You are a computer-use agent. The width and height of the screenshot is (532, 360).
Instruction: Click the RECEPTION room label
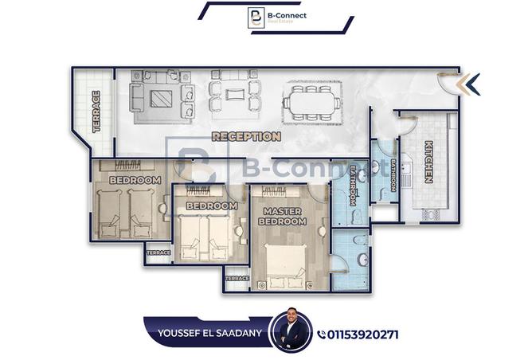point(246,136)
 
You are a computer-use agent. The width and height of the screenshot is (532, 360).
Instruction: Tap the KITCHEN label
point(428,162)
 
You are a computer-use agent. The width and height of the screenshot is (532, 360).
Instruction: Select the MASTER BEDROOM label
point(282,217)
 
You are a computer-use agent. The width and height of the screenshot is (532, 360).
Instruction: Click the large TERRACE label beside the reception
point(96,112)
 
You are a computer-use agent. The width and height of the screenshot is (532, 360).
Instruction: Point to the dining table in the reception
point(312,103)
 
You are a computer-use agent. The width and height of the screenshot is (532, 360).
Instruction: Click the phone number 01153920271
point(362,335)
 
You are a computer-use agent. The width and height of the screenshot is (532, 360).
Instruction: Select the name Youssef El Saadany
point(209,333)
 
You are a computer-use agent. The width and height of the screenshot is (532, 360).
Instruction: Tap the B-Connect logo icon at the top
point(256,18)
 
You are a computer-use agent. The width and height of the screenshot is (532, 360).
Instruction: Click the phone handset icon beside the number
point(321,335)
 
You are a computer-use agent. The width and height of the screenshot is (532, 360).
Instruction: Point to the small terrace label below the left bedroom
point(158,252)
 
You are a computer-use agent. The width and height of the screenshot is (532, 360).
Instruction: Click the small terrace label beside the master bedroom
point(237,278)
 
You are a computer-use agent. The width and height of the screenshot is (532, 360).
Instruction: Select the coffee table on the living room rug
point(161,99)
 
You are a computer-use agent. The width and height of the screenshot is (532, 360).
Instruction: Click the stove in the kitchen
point(431,214)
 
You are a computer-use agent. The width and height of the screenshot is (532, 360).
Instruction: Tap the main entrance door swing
point(447,84)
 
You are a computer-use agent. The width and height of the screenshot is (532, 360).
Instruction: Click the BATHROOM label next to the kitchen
point(393,175)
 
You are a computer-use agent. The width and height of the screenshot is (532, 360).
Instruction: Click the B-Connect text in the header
point(287,15)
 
